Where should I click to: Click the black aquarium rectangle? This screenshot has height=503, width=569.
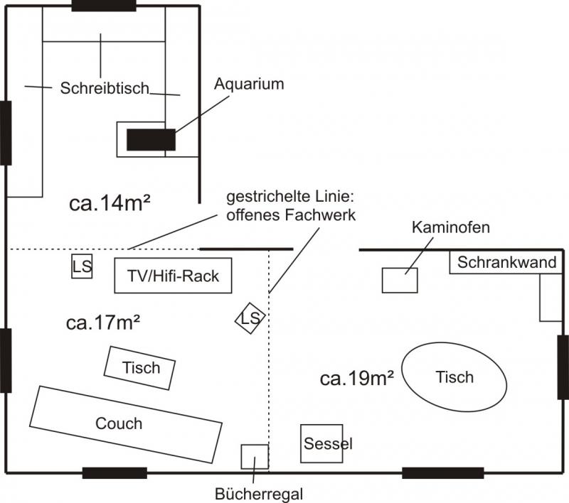pos(151,140)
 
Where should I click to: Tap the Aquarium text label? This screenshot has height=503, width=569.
pos(249,85)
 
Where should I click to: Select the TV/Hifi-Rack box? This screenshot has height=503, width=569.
pos(174,276)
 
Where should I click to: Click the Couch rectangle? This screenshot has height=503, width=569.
pos(126,424)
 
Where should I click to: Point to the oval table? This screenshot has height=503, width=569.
pos(454,377)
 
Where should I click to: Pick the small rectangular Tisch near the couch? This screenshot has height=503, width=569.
pos(140,368)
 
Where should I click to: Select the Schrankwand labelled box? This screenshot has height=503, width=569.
pos(506,262)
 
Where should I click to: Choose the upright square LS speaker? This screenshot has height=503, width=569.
pos(82,267)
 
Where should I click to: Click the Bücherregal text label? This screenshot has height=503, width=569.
pos(259,492)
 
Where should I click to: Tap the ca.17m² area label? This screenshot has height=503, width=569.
pos(102,323)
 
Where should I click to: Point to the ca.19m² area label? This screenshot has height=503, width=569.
pos(357,379)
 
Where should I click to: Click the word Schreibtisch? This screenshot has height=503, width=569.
pos(105,89)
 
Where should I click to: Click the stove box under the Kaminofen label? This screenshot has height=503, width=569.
pos(400,280)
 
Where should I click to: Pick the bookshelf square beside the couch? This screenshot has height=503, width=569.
pos(255,457)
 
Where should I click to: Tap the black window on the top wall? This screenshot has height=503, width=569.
pos(104,6)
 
